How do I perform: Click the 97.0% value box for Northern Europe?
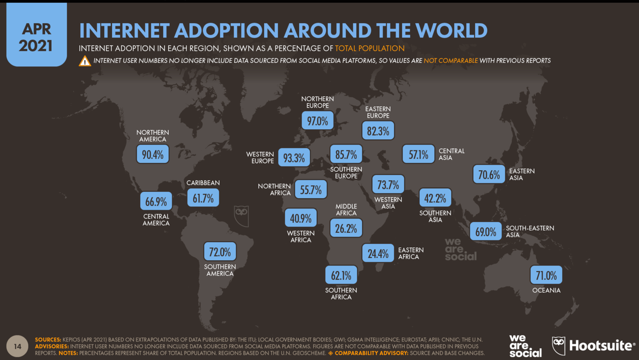tap(317, 120)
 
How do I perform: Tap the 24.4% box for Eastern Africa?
tap(378, 253)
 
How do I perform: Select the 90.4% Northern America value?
tap(152, 154)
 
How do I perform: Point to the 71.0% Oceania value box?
tap(546, 275)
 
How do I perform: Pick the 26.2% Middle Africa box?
tap(346, 228)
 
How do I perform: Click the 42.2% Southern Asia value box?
tap(435, 198)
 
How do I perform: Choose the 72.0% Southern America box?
tap(220, 252)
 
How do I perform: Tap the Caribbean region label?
tap(203, 183)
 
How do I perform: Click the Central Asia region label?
tap(451, 154)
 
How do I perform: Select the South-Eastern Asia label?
tap(530, 231)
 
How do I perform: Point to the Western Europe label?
tap(260, 158)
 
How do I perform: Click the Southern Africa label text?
tap(341, 294)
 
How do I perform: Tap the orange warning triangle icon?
tap(85, 61)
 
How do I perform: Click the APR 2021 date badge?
tap(36, 37)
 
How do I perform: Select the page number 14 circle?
tap(17, 346)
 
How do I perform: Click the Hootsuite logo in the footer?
tap(593, 346)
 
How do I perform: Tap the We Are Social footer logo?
tap(525, 346)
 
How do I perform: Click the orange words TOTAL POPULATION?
tap(369, 48)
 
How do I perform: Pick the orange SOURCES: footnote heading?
tap(48, 340)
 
